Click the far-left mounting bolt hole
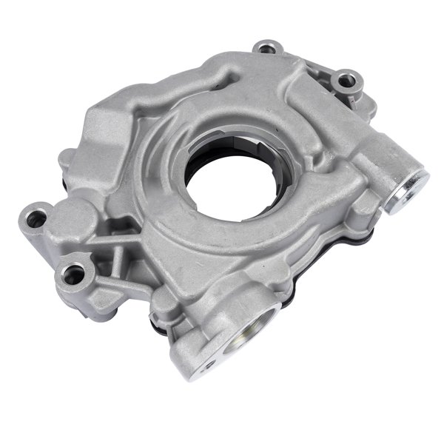34,218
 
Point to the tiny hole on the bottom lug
209,365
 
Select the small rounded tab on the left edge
66,158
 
